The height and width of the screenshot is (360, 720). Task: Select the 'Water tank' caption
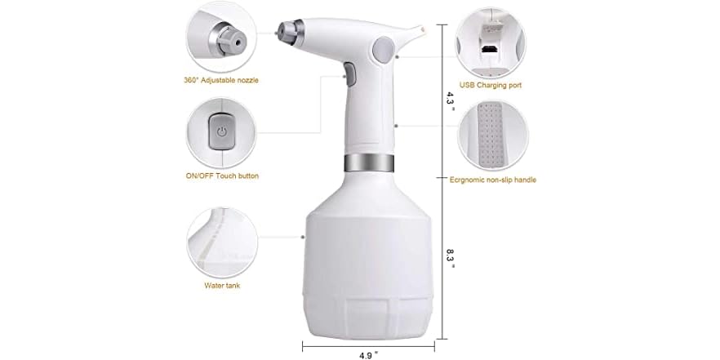tap(221, 286)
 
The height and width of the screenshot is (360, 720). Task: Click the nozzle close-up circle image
tap(221, 37)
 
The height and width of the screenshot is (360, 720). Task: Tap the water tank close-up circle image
tap(221, 242)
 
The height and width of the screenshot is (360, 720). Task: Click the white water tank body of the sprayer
tap(367, 261)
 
